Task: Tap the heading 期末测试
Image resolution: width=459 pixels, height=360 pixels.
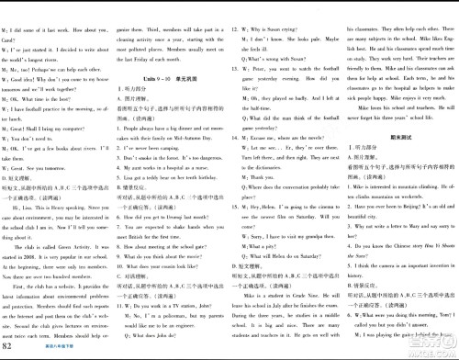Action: coord(397,108)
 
